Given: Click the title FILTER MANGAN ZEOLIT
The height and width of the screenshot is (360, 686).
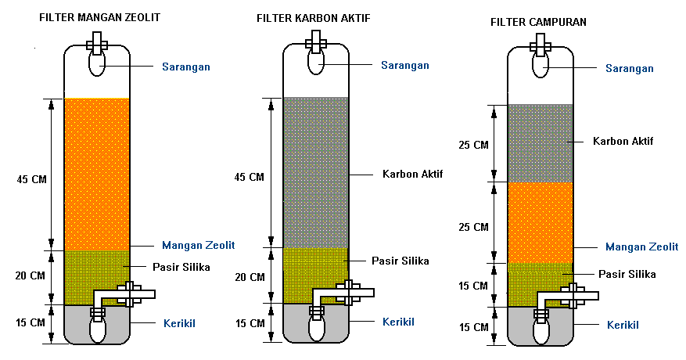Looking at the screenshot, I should click(94, 17).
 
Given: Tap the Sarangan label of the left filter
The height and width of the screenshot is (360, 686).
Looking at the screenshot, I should click(185, 67).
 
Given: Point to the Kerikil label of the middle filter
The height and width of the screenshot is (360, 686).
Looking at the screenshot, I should click(398, 322).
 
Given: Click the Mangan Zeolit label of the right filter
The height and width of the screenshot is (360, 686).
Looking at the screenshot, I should click(641, 247).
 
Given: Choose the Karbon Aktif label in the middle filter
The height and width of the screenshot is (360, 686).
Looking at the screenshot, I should click(412, 174).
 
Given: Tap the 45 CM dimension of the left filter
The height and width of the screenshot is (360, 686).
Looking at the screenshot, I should click(31, 179).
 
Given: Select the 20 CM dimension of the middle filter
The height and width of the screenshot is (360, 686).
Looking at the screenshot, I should click(250, 277).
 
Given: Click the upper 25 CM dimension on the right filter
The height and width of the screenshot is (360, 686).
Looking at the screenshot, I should click(473, 146).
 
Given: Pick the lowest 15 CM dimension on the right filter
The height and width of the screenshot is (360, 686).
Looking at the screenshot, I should click(473, 326).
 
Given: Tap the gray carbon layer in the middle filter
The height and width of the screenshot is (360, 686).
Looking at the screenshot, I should click(315, 172).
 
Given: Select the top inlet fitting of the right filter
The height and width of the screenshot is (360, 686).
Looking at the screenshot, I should click(540, 43).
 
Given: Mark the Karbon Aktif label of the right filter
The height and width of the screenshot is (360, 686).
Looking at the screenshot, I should click(623, 141).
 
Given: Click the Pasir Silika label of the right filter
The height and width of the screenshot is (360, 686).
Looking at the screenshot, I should click(627, 274).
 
